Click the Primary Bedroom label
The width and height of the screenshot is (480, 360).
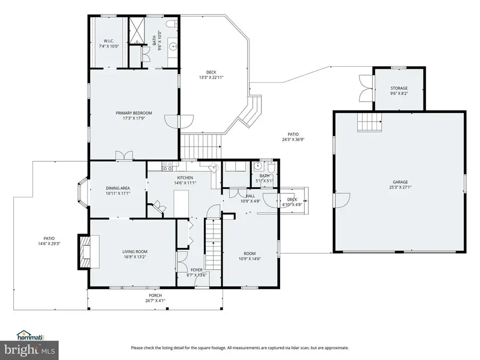pos(134,113)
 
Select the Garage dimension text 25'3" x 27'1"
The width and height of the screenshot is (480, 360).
pos(400,187)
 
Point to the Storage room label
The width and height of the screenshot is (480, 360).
pos(399,88)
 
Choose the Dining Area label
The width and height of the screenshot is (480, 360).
pos(118,188)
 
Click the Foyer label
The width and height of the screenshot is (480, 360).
pos(196,270)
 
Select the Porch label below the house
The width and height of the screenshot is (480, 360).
pos(155,295)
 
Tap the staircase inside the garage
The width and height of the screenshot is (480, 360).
pos(370,123)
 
